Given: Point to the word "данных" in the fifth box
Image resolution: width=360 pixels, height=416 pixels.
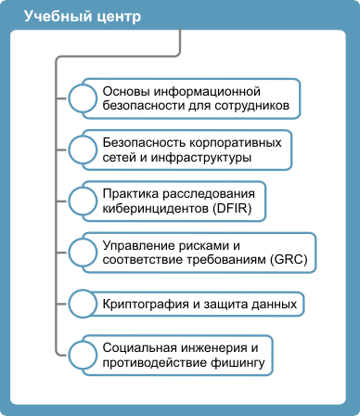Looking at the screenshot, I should point(275,303).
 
